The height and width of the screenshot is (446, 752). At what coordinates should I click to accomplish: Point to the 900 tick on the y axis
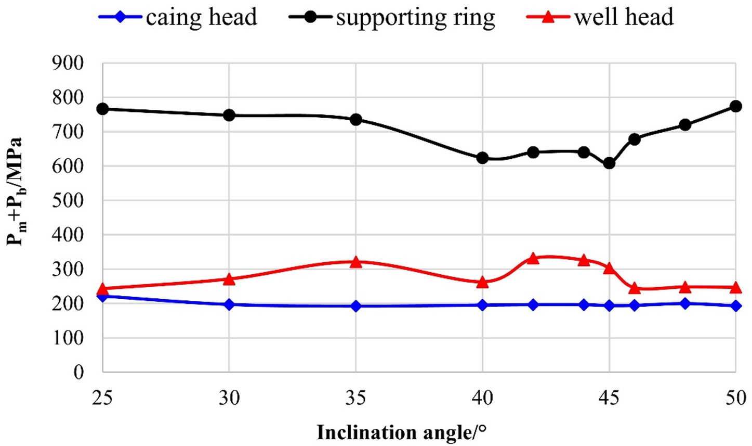pyautogui.click(x=68, y=63)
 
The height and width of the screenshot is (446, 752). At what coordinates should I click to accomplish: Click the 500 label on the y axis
pyautogui.click(x=68, y=201)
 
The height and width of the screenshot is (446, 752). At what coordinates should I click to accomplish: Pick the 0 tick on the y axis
pyautogui.click(x=78, y=372)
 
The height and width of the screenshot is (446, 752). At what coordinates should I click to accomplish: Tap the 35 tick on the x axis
pyautogui.click(x=356, y=399)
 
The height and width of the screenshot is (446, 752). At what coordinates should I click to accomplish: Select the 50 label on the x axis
pyautogui.click(x=735, y=399)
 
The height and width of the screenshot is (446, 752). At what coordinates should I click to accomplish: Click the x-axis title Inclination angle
pyautogui.click(x=402, y=432)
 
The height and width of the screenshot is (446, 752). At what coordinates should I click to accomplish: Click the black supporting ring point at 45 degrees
pyautogui.click(x=609, y=163)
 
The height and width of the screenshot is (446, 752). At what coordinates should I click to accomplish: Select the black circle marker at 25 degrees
pyautogui.click(x=103, y=109)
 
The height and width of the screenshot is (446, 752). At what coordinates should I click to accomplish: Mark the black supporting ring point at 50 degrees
pyautogui.click(x=735, y=106)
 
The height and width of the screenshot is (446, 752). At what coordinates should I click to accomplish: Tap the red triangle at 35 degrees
pyautogui.click(x=356, y=262)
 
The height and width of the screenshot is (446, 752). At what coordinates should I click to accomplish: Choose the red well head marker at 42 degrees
pyautogui.click(x=533, y=258)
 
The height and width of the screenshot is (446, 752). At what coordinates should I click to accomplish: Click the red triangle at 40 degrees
pyautogui.click(x=483, y=282)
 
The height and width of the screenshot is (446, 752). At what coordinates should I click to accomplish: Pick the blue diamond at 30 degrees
pyautogui.click(x=229, y=304)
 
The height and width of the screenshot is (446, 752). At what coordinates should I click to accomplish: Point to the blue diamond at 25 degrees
pyautogui.click(x=103, y=296)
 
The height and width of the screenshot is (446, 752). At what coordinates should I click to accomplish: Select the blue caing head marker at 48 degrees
pyautogui.click(x=685, y=303)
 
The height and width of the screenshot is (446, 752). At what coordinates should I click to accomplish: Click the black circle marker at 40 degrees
pyautogui.click(x=483, y=158)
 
